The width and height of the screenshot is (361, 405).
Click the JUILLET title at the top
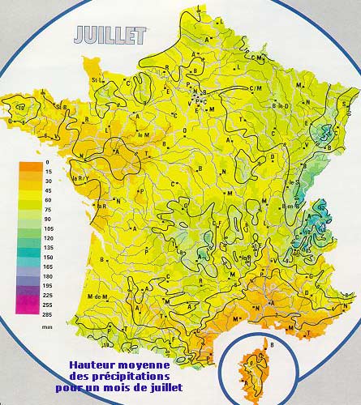pyautogui.click(x=109, y=35)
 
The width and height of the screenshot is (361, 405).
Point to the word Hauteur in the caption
pyautogui.click(x=91, y=365)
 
